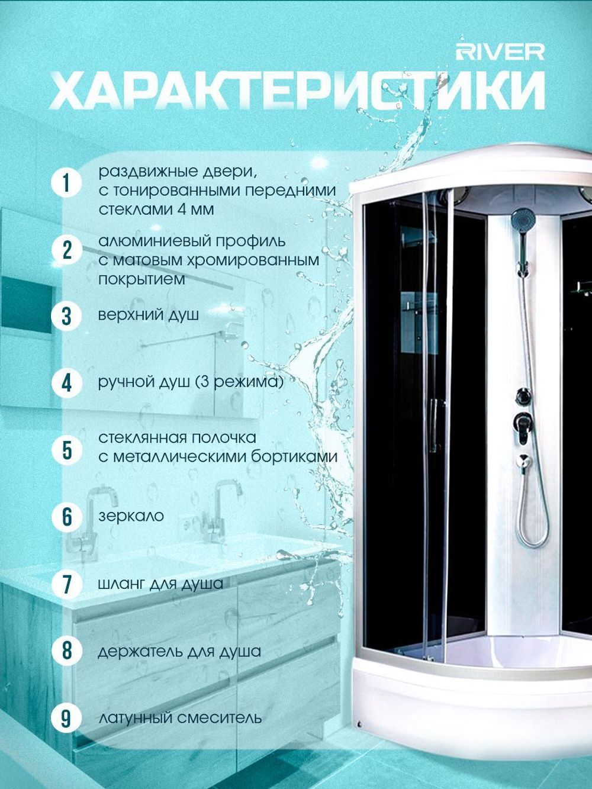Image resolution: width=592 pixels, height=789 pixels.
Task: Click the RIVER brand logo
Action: (500, 53)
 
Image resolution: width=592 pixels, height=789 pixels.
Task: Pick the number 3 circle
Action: (66, 316)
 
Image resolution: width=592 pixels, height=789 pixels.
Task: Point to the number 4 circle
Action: (66, 384)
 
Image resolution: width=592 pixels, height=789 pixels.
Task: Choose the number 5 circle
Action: (66, 450)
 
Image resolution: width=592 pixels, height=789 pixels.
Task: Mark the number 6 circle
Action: (66, 517)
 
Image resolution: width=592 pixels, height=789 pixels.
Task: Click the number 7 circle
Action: (66, 584)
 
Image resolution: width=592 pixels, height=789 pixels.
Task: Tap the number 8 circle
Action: (66, 651)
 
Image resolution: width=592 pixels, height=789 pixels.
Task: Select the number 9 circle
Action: (66, 718)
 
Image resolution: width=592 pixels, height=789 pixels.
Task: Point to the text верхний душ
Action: (149, 315)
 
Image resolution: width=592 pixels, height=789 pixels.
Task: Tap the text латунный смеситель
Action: (180, 718)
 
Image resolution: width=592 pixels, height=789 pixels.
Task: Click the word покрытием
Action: (141, 279)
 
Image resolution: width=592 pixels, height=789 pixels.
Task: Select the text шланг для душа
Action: (160, 584)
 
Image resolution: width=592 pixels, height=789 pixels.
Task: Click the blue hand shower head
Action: (523, 218)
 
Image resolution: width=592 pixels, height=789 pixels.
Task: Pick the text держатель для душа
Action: (179, 651)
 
